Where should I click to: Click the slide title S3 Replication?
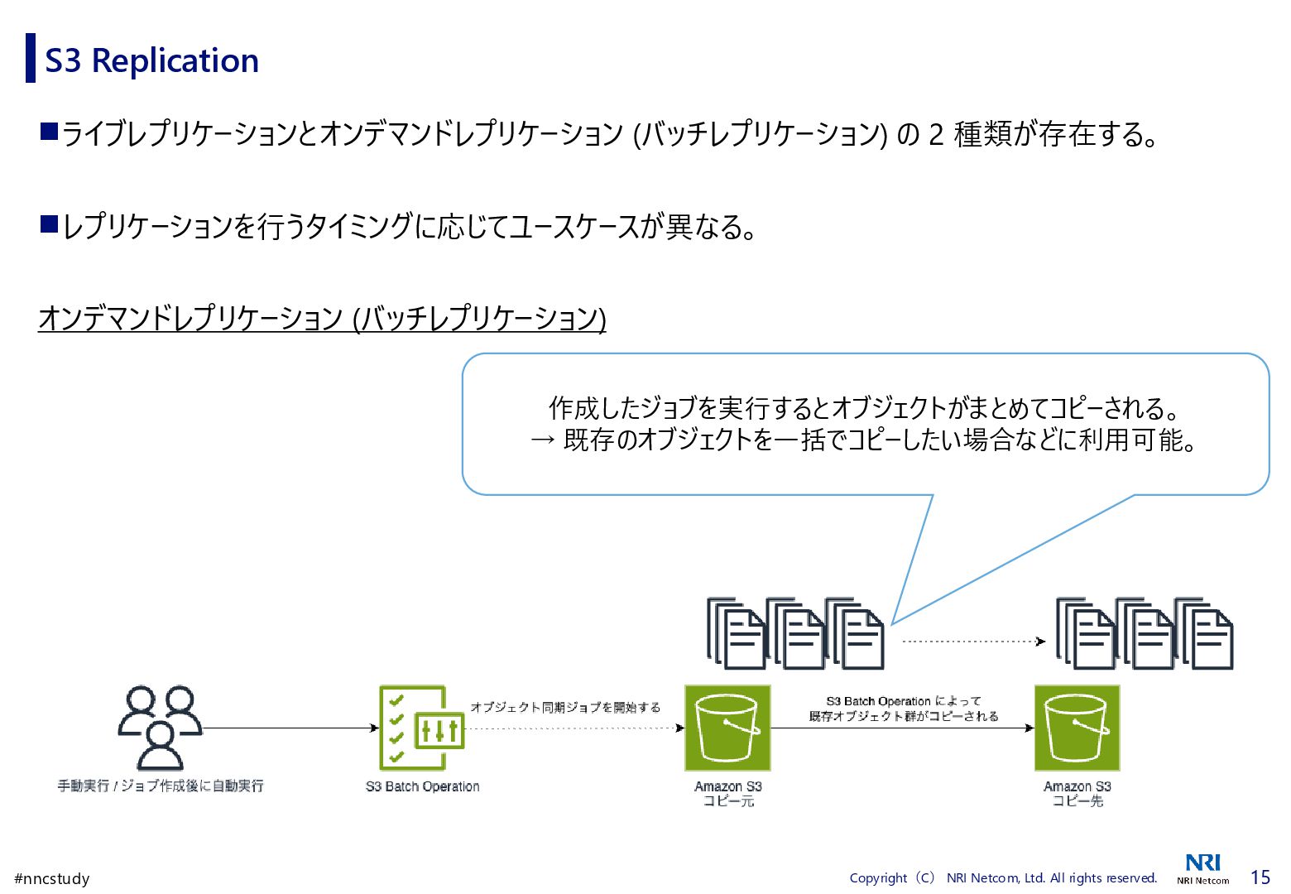(x=151, y=60)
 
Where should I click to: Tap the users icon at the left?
(x=160, y=728)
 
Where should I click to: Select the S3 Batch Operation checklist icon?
(x=421, y=728)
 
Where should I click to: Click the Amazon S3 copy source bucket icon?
(x=727, y=728)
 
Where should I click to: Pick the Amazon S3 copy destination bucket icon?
(x=1077, y=728)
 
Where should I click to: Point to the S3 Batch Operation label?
(x=422, y=786)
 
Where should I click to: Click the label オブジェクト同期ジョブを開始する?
(x=565, y=707)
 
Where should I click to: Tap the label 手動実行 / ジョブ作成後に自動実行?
(x=161, y=786)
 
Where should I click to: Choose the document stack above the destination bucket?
(x=1145, y=633)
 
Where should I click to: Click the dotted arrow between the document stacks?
(x=972, y=641)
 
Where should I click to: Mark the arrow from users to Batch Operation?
(x=290, y=728)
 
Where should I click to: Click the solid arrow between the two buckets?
(x=902, y=728)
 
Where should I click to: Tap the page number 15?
(x=1260, y=877)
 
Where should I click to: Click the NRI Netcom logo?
(x=1202, y=868)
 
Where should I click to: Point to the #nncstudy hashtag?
(x=51, y=878)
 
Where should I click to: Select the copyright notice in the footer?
(x=1003, y=877)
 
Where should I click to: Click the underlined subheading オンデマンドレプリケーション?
(x=322, y=319)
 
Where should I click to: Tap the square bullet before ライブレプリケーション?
(x=49, y=131)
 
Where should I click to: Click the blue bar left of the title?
(x=31, y=58)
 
